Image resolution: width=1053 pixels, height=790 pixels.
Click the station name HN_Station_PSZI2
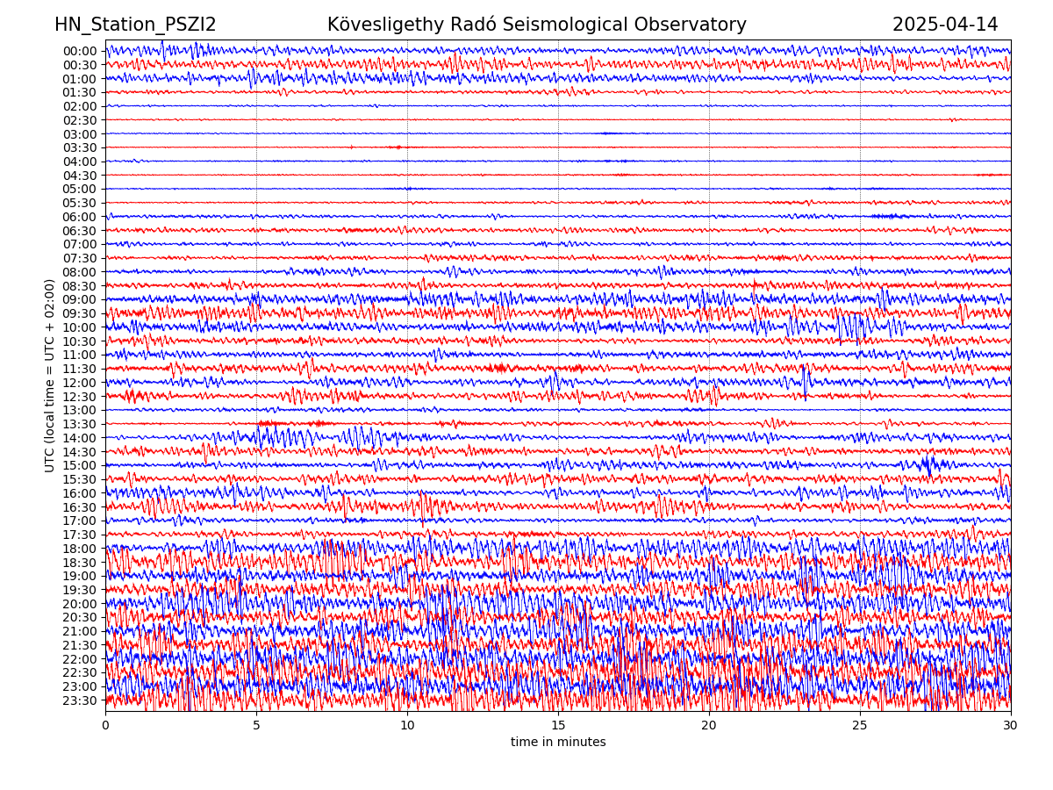(135, 25)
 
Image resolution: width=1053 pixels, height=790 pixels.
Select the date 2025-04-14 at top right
(945, 25)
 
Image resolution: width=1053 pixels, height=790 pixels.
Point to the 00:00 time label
(79, 51)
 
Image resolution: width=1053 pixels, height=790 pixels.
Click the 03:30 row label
(79, 147)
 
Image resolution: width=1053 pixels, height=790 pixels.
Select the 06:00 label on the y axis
(79, 217)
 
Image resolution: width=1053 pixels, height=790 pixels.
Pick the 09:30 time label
(79, 313)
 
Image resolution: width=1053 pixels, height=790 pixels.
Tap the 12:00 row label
(79, 383)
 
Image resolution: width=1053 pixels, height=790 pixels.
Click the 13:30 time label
(79, 424)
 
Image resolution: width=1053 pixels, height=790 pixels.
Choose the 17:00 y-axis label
(79, 521)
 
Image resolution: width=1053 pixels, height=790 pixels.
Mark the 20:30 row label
(79, 617)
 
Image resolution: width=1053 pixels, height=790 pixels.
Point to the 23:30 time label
(79, 700)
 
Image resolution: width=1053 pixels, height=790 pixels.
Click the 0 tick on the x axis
(105, 726)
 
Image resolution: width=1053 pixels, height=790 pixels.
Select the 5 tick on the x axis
(256, 726)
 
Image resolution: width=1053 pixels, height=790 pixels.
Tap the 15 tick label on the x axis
(558, 726)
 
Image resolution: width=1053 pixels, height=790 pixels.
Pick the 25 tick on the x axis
(860, 726)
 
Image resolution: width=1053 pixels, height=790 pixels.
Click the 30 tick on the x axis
(1011, 726)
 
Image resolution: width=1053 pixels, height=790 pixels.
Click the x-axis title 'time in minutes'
(558, 743)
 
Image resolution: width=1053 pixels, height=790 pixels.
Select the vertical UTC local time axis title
(50, 376)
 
